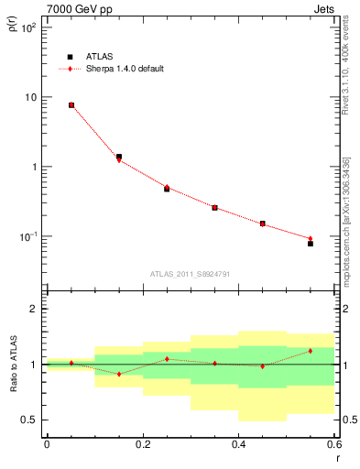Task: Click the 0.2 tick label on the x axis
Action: [143, 443]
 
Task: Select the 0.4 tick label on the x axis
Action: [238, 443]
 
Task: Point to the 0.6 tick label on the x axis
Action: [333, 443]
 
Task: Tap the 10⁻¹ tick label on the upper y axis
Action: [27, 236]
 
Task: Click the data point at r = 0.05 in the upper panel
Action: [71, 105]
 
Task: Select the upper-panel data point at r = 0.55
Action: [311, 244]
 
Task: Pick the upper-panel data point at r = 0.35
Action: [214, 208]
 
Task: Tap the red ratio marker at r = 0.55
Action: [311, 351]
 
